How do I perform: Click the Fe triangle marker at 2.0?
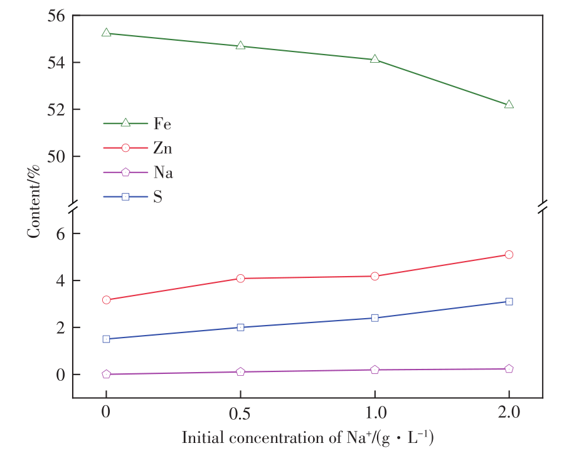point(509,104)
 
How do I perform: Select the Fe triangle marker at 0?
point(106,33)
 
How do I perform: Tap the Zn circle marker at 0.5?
point(240,278)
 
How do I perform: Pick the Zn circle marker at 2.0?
point(509,254)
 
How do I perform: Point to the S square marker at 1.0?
point(374,317)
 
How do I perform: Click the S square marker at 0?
point(106,339)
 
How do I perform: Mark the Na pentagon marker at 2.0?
point(509,369)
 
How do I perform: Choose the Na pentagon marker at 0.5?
point(240,371)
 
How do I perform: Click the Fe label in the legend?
point(162,124)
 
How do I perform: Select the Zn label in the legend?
point(162,148)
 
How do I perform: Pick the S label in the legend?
point(157,197)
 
